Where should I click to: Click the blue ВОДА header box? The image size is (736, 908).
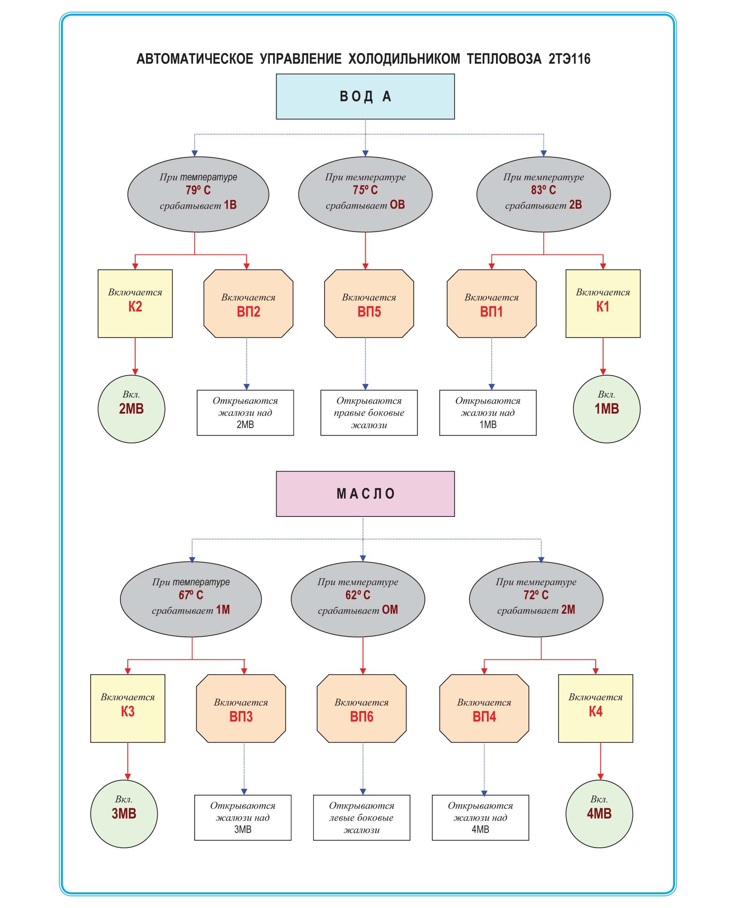[365, 97]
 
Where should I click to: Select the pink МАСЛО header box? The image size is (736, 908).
[365, 494]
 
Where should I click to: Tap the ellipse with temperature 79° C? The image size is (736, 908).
[198, 194]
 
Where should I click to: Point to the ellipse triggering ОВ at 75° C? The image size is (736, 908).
[365, 194]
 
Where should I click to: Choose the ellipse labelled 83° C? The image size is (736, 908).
[543, 194]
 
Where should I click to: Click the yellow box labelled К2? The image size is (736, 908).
[135, 304]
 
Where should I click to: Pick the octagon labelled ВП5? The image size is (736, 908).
[369, 304]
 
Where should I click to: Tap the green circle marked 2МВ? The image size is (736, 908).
[131, 409]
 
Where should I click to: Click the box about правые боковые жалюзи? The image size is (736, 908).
[369, 412]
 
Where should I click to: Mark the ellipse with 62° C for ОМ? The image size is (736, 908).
[357, 599]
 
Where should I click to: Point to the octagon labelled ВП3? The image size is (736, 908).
[241, 708]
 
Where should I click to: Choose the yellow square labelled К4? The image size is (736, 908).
[595, 708]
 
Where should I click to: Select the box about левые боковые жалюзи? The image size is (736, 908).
[361, 817]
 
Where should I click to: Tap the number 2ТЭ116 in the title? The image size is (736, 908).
[569, 59]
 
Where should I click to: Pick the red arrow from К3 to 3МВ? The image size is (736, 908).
[128, 761]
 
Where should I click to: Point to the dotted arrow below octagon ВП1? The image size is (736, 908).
[491, 364]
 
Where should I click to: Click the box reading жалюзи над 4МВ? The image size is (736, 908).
[480, 817]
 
